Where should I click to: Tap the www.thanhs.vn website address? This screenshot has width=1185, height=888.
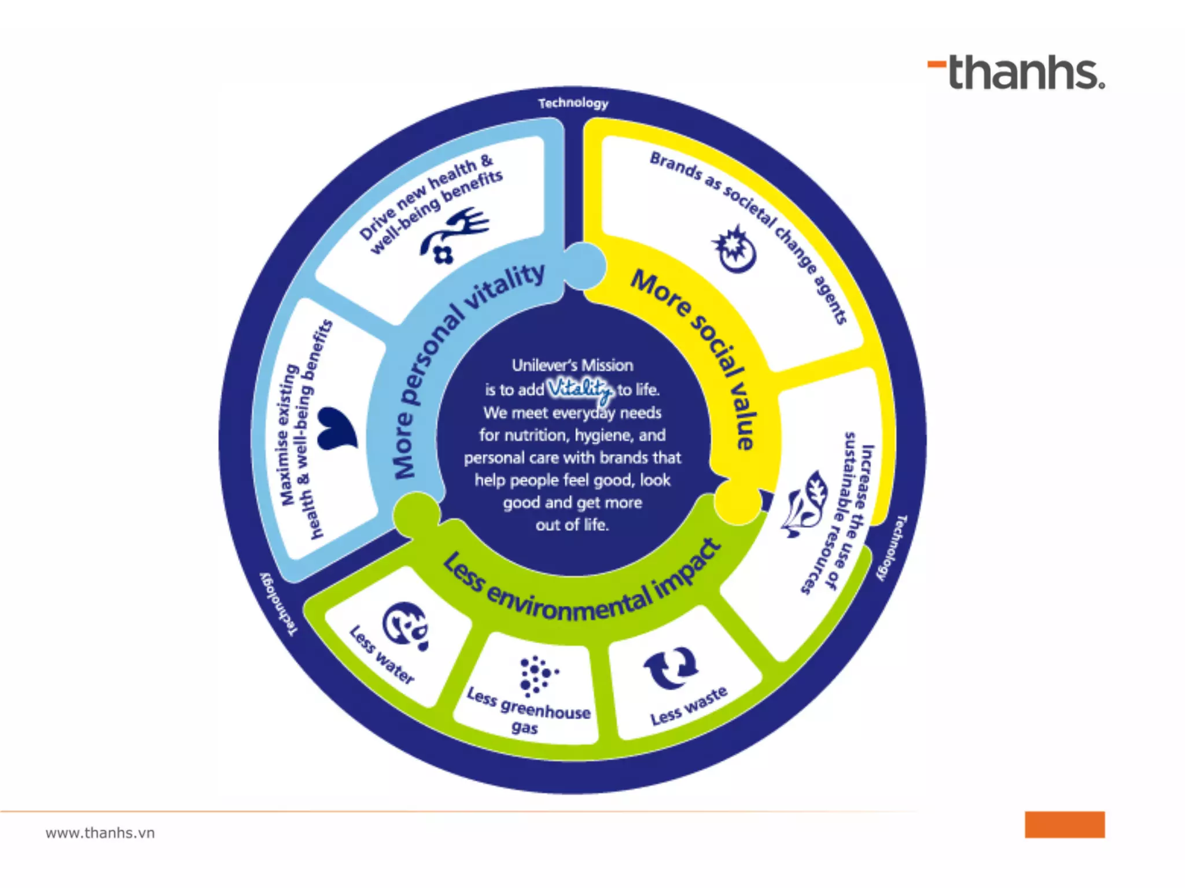point(100,832)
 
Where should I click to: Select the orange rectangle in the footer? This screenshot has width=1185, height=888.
point(1064,824)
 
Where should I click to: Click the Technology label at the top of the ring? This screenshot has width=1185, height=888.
point(573,103)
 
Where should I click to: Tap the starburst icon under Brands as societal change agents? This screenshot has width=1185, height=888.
point(734,250)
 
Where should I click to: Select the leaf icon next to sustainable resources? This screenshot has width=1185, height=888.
point(804,504)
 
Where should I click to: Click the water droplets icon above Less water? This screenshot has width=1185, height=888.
point(406,626)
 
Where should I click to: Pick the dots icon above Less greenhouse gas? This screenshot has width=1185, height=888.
point(536,675)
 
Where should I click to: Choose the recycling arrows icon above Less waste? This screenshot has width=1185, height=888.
point(671,668)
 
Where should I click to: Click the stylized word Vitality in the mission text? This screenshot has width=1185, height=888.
point(580,390)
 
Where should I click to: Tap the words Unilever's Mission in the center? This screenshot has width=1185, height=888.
point(572,365)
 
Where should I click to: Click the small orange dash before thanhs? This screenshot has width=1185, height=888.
point(937,65)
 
